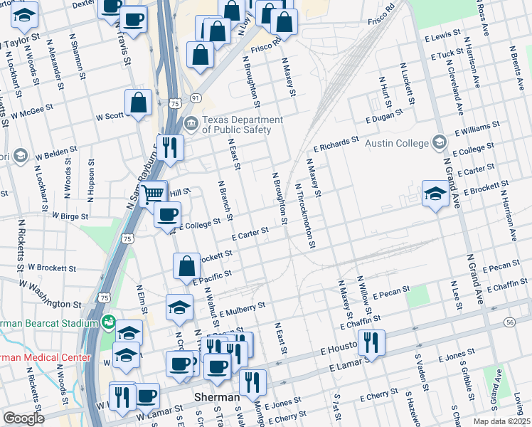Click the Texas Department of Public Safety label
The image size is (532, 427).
click(x=242, y=125)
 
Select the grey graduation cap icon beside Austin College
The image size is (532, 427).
click(x=440, y=142)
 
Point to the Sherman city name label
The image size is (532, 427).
click(x=218, y=397)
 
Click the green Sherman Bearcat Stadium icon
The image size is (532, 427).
click(x=108, y=323)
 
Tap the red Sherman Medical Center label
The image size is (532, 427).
click(x=46, y=357)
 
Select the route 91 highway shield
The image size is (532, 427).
click(x=196, y=97)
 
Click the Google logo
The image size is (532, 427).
click(x=23, y=418)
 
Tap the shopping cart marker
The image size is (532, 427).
click(x=153, y=194)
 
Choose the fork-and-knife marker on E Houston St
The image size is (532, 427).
click(x=371, y=344)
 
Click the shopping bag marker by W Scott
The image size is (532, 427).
click(x=138, y=103)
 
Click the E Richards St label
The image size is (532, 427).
click(x=336, y=145)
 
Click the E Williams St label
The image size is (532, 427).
click(x=477, y=129)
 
